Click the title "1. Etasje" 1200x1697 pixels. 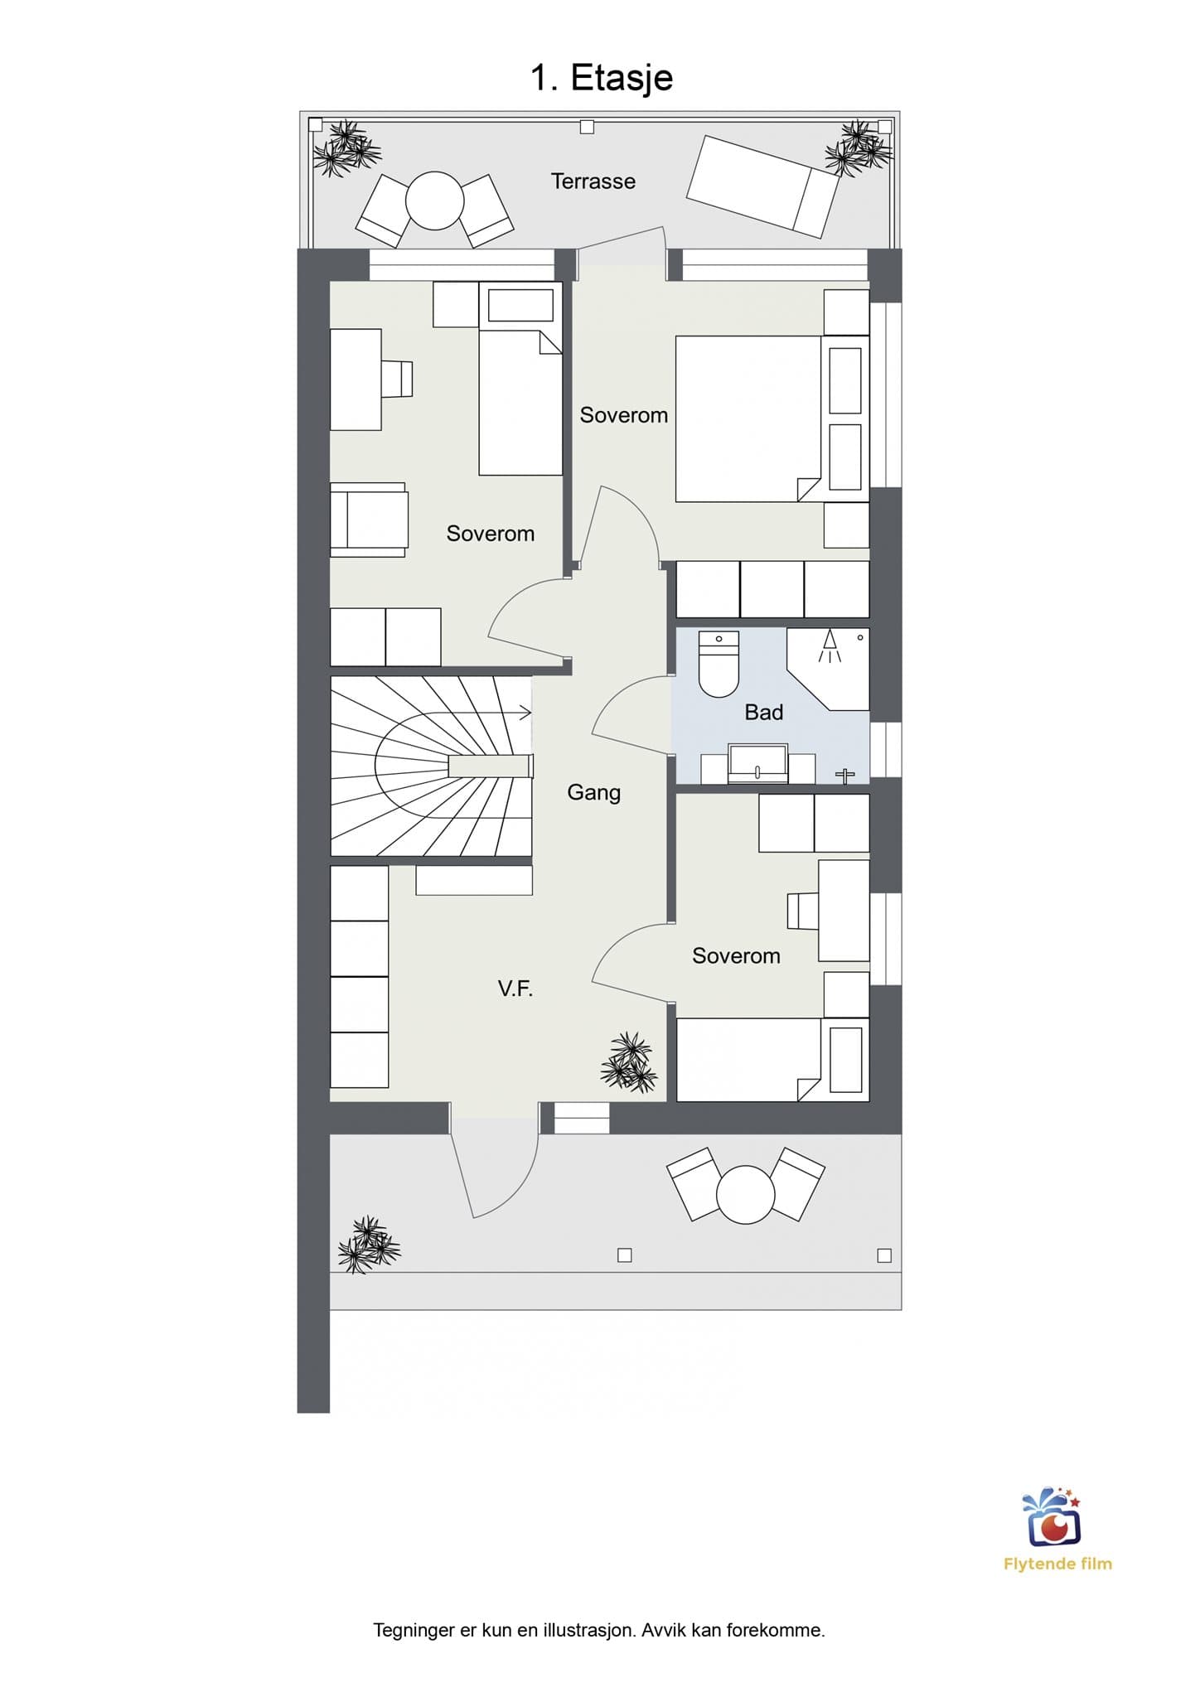point(601,79)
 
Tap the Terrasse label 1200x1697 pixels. point(593,181)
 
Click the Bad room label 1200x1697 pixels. point(763,712)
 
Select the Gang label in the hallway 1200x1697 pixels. point(593,793)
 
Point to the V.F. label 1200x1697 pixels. point(515,988)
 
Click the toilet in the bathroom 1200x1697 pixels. point(719,664)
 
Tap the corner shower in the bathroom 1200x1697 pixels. point(828,668)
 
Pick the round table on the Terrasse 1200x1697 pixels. point(434,201)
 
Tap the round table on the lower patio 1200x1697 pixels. point(745,1195)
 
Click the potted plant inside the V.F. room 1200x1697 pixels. point(629,1061)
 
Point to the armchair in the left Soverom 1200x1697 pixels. point(369,520)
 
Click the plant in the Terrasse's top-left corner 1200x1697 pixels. point(346,150)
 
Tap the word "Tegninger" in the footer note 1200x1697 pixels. point(414,1630)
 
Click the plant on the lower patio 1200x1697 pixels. point(369,1245)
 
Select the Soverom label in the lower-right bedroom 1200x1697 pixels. point(736,956)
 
